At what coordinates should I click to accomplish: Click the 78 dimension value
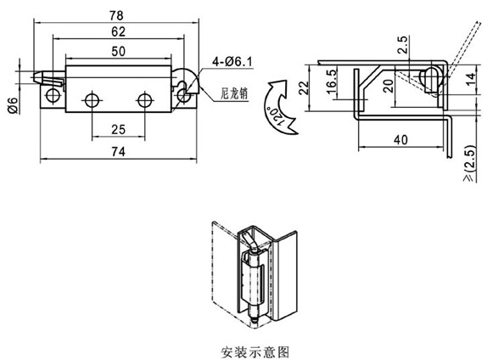116,15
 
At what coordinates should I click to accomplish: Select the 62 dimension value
118,31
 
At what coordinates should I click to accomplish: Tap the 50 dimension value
118,51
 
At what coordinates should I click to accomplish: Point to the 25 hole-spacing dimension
118,130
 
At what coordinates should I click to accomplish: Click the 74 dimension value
118,152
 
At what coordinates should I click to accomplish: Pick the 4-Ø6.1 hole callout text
232,62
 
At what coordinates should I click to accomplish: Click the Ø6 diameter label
13,105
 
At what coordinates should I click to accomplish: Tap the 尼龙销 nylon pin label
234,93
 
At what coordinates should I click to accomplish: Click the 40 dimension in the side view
400,139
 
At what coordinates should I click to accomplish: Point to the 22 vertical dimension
304,87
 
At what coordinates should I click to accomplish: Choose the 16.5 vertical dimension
331,82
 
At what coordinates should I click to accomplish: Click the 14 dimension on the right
472,78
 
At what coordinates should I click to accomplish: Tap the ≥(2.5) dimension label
470,163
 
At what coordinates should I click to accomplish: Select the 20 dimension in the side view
388,86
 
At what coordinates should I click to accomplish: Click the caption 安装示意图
255,352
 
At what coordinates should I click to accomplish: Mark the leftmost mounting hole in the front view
53,95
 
